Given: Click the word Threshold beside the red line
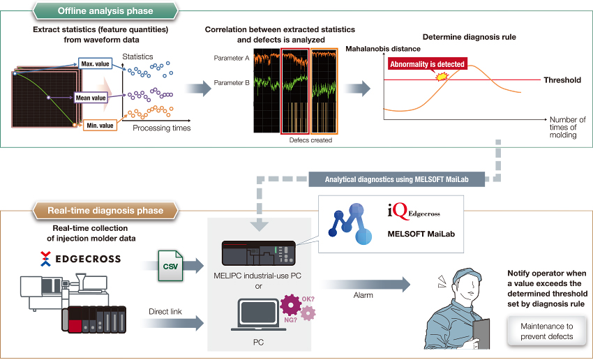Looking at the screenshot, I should tap(562, 80).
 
